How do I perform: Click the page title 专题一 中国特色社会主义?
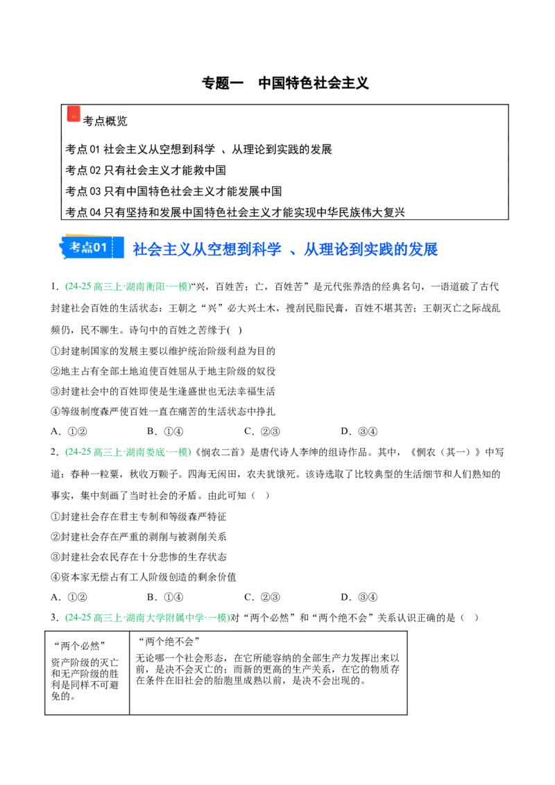(285, 83)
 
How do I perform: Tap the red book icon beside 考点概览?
(74, 114)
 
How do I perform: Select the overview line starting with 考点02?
(145, 170)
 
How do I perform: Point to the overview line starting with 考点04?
(235, 212)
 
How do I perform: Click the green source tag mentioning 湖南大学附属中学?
(147, 618)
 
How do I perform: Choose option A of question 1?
(69, 431)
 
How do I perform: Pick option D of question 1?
(359, 431)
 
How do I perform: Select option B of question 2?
(165, 597)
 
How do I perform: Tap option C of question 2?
(262, 597)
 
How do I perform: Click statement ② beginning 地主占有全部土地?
(163, 372)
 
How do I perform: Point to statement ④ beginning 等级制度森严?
(163, 411)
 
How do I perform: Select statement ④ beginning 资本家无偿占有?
(144, 577)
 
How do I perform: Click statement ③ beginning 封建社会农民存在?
(139, 558)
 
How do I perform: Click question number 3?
(55, 618)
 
